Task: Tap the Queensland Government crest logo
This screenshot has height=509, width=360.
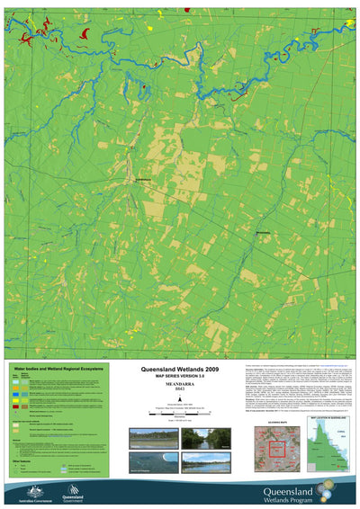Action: coord(69,491)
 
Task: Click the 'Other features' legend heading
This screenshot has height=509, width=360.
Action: coord(24,468)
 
